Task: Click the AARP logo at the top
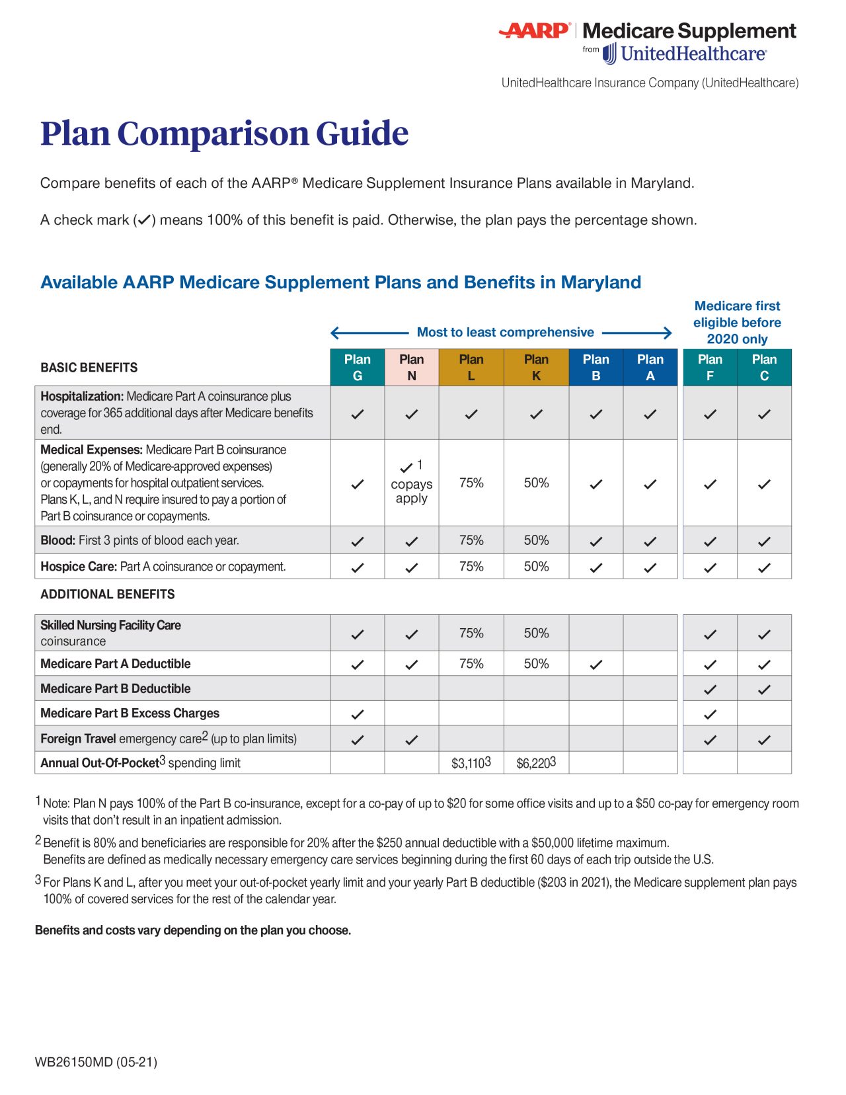point(534,30)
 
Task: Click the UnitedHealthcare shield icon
point(609,54)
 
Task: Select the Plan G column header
point(358,368)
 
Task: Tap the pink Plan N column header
point(411,368)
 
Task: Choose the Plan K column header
point(536,368)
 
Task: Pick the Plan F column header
point(710,368)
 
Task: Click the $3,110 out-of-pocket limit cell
point(471,763)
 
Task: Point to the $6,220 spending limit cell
point(535,763)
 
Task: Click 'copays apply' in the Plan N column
point(411,491)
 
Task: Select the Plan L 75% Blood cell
point(471,540)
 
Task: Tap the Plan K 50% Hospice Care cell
point(536,567)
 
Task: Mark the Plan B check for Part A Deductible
point(596,665)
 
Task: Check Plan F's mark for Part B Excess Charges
point(710,714)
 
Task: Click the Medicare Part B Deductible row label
point(116,688)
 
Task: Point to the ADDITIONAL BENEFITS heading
point(108,594)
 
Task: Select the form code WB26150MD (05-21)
point(96,1062)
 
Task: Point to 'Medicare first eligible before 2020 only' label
point(737,323)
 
